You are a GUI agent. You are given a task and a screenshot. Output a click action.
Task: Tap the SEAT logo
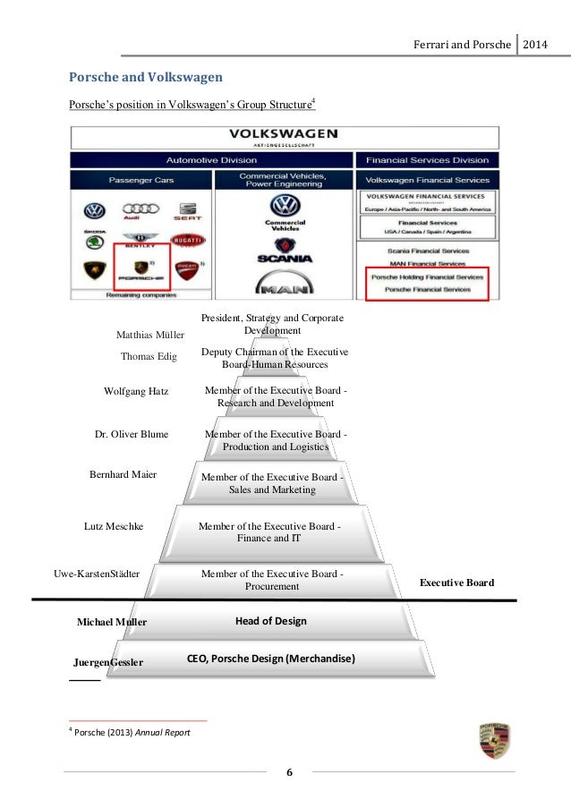(188, 211)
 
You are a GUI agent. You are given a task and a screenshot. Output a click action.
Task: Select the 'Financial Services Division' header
(428, 160)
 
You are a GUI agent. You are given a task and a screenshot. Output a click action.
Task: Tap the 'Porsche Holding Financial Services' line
(428, 277)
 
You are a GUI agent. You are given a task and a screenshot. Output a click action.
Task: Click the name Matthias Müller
(150, 335)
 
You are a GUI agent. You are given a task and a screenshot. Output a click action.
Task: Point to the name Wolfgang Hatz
(136, 391)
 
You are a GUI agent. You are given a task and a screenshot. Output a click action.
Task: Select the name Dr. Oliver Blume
(132, 434)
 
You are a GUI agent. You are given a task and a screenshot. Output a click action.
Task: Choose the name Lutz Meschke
(114, 527)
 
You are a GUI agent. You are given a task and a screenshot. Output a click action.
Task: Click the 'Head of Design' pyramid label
(270, 621)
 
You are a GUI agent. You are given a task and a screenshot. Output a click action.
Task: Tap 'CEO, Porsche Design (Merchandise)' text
(270, 659)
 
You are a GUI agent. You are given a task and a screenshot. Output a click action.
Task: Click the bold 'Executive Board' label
(456, 583)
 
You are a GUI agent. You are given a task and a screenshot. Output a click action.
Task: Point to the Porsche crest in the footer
(493, 741)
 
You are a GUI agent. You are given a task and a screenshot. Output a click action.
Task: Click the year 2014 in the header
(538, 45)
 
